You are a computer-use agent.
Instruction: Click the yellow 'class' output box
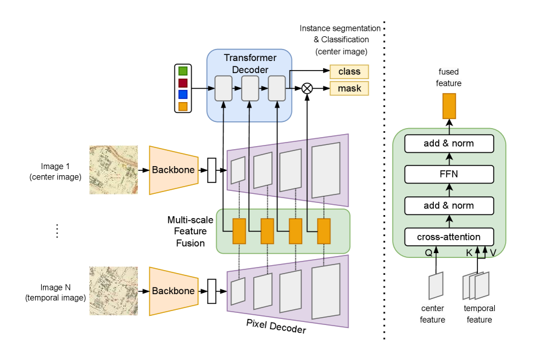[x=349, y=72]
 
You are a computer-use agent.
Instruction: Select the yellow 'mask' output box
[x=349, y=89]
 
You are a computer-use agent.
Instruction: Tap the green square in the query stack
[x=183, y=71]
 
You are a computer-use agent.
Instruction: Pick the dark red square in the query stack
[x=183, y=83]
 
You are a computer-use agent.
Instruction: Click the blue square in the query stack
[x=183, y=94]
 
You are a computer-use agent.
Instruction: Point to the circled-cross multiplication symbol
[x=307, y=88]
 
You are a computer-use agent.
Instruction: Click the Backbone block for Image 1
[x=173, y=170]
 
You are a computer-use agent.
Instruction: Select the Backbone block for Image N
[x=173, y=291]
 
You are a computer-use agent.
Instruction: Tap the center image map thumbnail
[x=113, y=170]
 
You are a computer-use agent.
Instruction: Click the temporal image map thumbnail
[x=113, y=291]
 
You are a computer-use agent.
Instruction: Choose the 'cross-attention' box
[x=449, y=237]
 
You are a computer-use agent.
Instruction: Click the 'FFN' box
[x=449, y=175]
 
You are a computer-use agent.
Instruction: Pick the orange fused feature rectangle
[x=449, y=106]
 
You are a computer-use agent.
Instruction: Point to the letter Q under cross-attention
[x=428, y=253]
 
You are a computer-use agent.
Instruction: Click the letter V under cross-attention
[x=492, y=253]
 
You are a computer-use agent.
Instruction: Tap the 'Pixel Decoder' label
[x=276, y=326]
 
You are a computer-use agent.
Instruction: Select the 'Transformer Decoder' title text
[x=250, y=63]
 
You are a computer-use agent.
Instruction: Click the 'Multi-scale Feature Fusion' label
[x=190, y=231]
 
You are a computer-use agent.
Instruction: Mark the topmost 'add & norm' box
[x=449, y=143]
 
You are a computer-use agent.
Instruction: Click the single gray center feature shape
[x=436, y=286]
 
